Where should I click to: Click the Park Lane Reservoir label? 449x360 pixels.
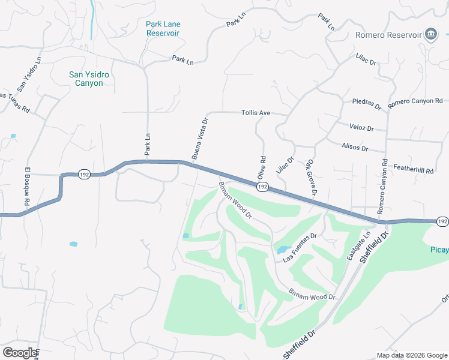[x=163, y=28]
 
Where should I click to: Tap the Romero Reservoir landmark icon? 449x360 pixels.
[x=430, y=35]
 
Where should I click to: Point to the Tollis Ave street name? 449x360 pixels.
[x=256, y=112]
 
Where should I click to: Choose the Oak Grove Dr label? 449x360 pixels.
[x=311, y=176]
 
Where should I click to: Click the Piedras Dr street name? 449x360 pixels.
[x=367, y=104]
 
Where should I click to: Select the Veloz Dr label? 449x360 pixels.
[x=361, y=128]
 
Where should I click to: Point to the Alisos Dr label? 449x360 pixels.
[x=354, y=146]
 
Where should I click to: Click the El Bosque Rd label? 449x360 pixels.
[x=26, y=187]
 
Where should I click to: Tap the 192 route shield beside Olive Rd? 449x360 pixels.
[x=262, y=187]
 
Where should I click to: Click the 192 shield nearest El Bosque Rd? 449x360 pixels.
[x=84, y=174]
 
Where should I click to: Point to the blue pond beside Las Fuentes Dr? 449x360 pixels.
[x=282, y=249]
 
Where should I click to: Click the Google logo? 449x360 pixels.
[x=20, y=353]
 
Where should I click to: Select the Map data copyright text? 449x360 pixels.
[x=411, y=355]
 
